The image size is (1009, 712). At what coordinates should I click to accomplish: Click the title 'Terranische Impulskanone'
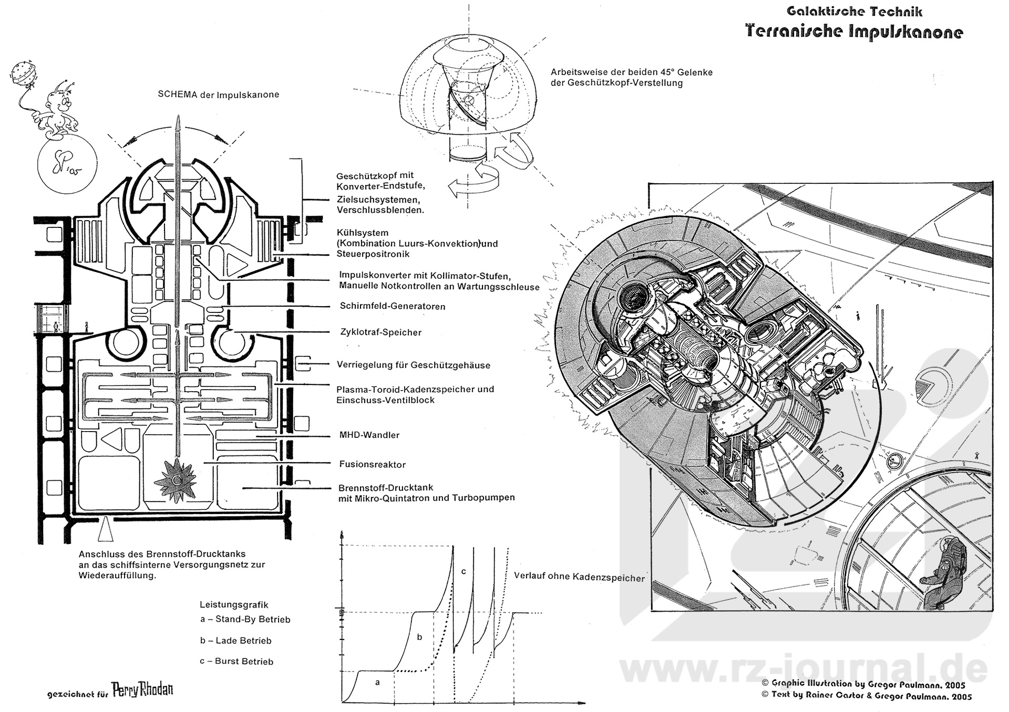[x=854, y=32]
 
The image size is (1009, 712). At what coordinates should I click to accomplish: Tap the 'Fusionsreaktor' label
[x=372, y=464]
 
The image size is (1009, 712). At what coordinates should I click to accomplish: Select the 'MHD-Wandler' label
[x=369, y=435]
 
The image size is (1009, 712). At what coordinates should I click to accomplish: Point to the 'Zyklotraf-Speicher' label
[x=380, y=332]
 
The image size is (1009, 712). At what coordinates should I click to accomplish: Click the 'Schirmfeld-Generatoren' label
[x=392, y=306]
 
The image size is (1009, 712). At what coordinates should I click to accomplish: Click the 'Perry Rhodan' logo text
[x=142, y=689]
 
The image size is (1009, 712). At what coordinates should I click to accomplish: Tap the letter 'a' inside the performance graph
[x=376, y=682]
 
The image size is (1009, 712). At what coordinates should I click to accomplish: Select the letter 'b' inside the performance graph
[x=419, y=637]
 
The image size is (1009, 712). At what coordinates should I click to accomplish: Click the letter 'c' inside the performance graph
[x=463, y=571]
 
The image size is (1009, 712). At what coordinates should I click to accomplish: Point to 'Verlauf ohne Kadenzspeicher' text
[x=579, y=578]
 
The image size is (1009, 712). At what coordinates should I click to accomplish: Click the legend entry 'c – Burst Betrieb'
[x=236, y=661]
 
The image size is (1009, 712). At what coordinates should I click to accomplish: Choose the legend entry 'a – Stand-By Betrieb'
[x=245, y=619]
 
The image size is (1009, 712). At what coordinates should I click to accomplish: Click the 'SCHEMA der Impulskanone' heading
[x=218, y=95]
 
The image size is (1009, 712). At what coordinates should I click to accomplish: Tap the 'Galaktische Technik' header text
[x=854, y=12]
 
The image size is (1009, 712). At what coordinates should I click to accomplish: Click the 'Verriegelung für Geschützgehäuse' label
[x=414, y=365]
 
